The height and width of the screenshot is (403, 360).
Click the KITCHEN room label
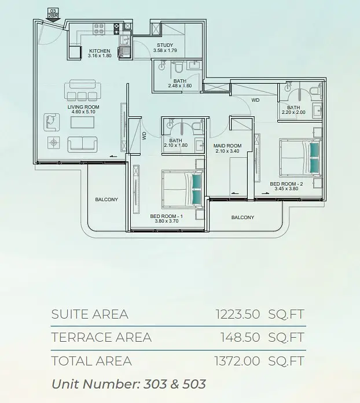pos(100,51)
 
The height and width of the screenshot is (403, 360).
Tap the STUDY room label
pos(165,45)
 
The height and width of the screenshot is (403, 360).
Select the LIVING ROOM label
pos(83,107)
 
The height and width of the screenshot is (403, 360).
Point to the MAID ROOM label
pos(227,146)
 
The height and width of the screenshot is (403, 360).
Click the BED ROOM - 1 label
pos(167,216)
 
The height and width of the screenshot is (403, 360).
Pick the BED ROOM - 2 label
pos(286,184)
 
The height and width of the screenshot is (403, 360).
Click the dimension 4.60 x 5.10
pos(83,112)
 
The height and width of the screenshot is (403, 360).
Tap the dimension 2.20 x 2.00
pos(293,112)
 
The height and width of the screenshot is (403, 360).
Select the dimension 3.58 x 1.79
pos(165,50)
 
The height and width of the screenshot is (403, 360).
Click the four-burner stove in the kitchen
pos(99,29)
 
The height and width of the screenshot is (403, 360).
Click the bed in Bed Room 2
pos(300,158)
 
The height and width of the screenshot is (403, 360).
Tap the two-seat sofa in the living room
pos(82,144)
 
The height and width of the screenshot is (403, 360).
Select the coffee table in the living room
pos(83,122)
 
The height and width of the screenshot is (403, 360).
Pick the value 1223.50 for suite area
pos(238,314)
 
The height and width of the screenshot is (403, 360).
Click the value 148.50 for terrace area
pos(240,337)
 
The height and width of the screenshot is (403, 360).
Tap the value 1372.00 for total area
pos(237,361)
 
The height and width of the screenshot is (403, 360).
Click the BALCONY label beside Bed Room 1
pos(106,199)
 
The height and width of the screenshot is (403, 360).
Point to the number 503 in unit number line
pos(194,384)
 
